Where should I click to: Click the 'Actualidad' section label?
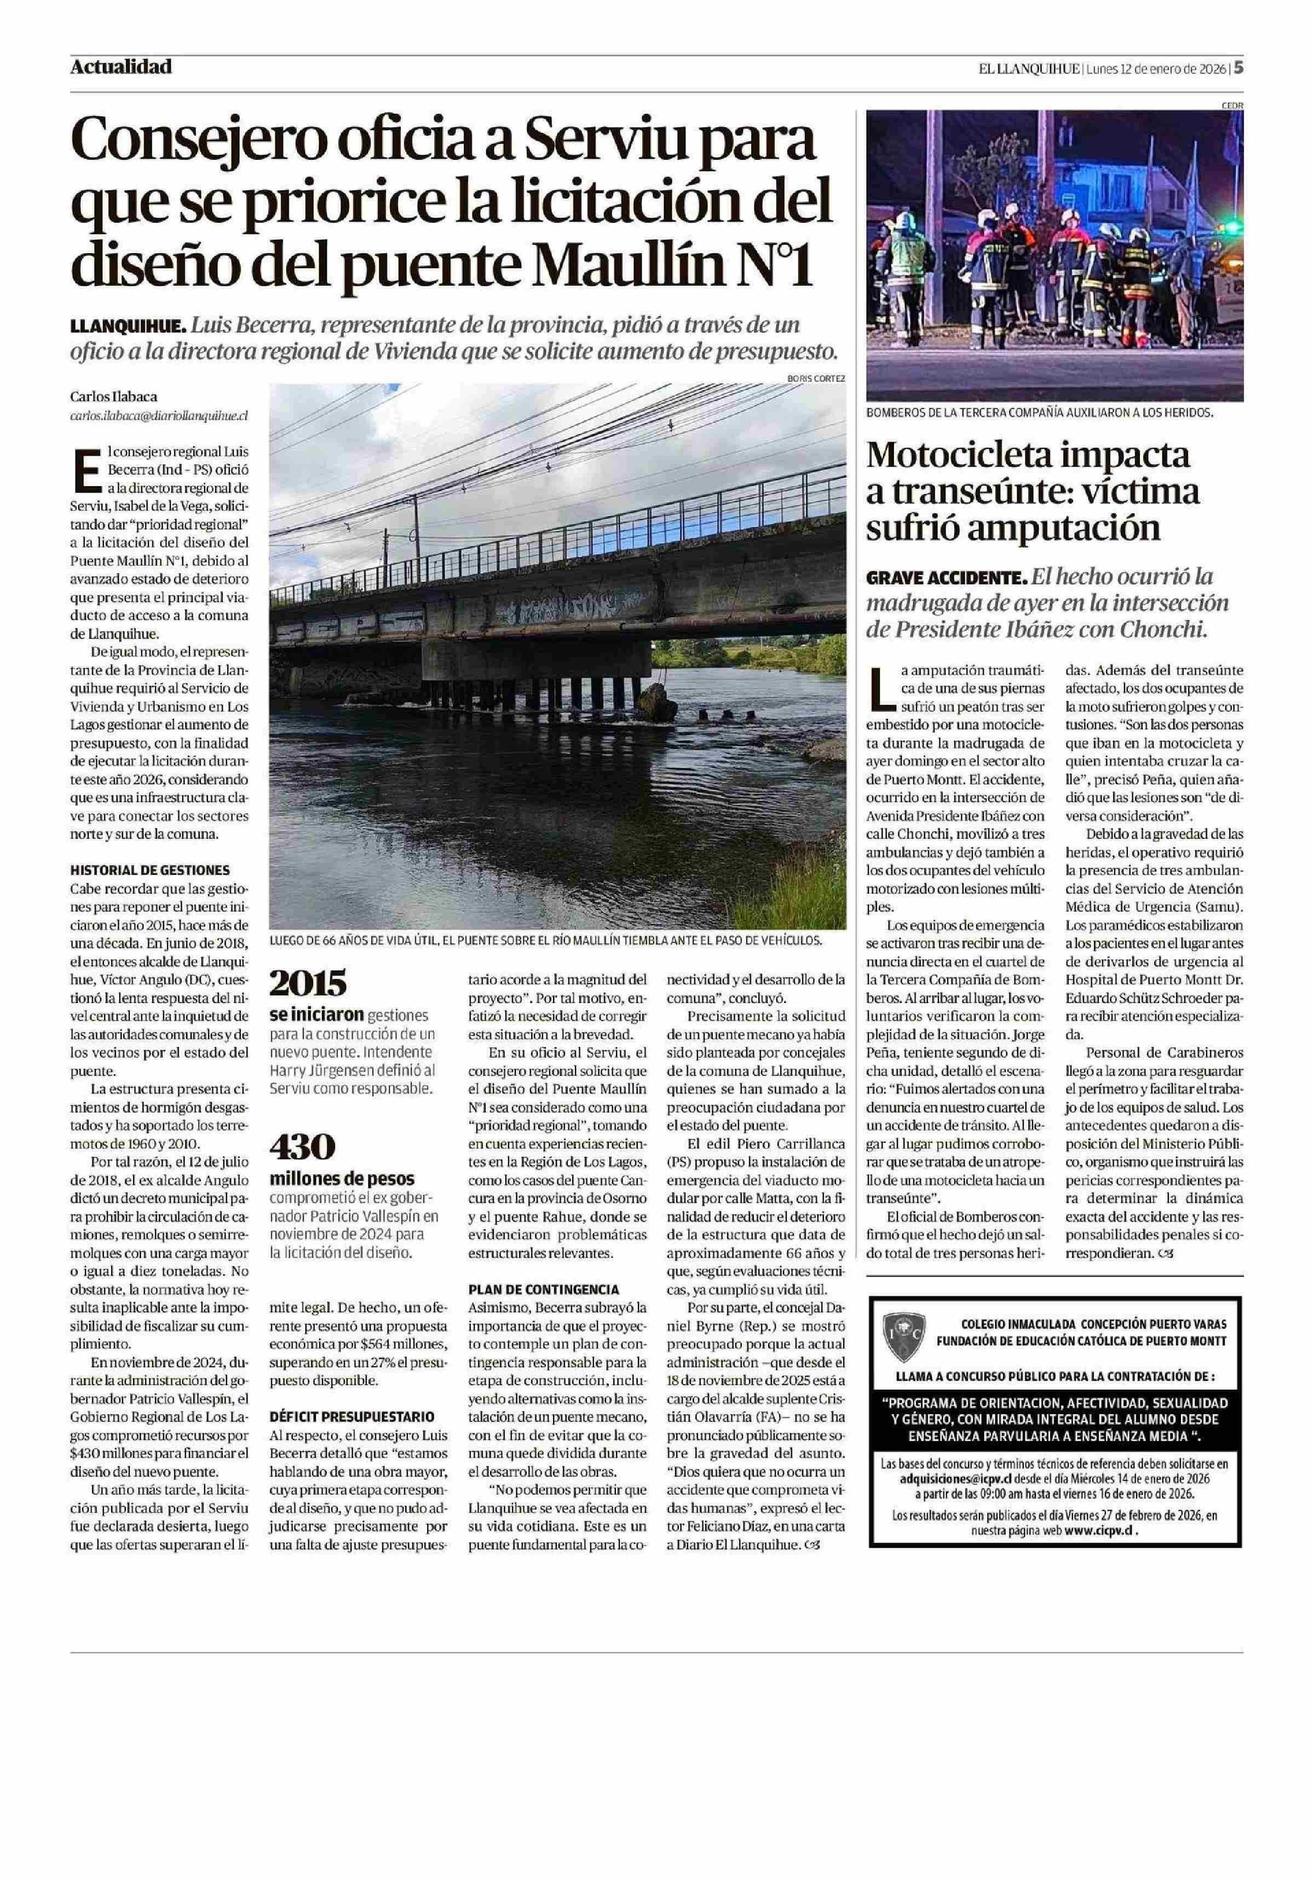pyautogui.click(x=121, y=67)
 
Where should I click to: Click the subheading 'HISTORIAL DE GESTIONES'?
pyautogui.click(x=149, y=871)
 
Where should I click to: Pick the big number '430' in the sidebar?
pyautogui.click(x=302, y=1147)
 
